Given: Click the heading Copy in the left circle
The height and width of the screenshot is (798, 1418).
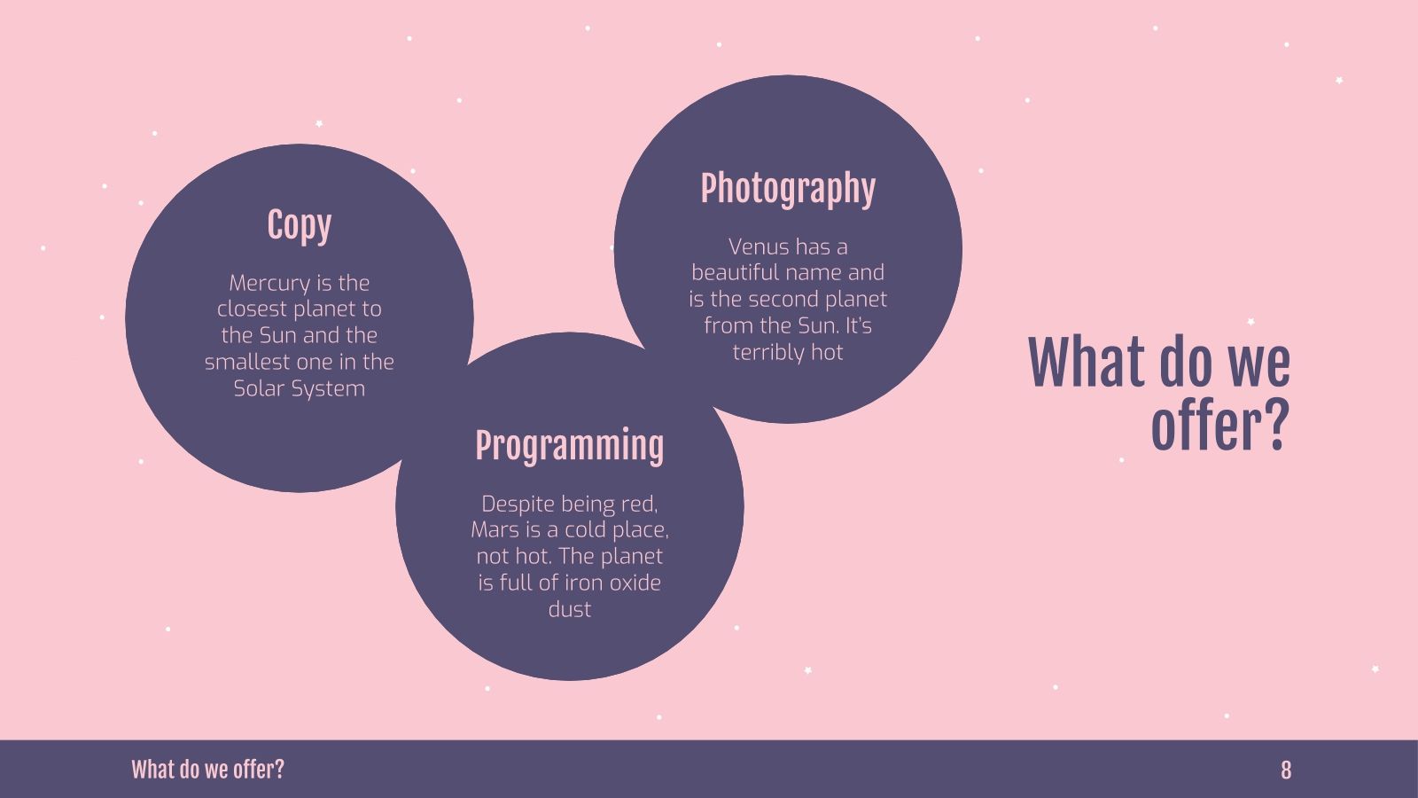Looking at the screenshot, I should point(300,226).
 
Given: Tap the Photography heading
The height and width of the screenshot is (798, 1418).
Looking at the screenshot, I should point(788,189).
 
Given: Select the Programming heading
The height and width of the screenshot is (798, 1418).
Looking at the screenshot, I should point(569,446).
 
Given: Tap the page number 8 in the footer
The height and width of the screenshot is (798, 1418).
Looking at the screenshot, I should point(1285,770).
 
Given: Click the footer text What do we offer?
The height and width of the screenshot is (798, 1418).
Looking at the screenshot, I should point(207,770).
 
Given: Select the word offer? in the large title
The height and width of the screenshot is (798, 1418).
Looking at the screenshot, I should point(1219,426).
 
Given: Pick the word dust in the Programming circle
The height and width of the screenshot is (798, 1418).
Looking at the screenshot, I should point(569,609).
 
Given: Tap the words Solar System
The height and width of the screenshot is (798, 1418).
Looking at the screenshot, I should point(300,388).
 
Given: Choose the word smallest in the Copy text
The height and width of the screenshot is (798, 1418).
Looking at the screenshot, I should point(247,362).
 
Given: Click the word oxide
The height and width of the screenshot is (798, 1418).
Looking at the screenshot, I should point(635,583).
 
